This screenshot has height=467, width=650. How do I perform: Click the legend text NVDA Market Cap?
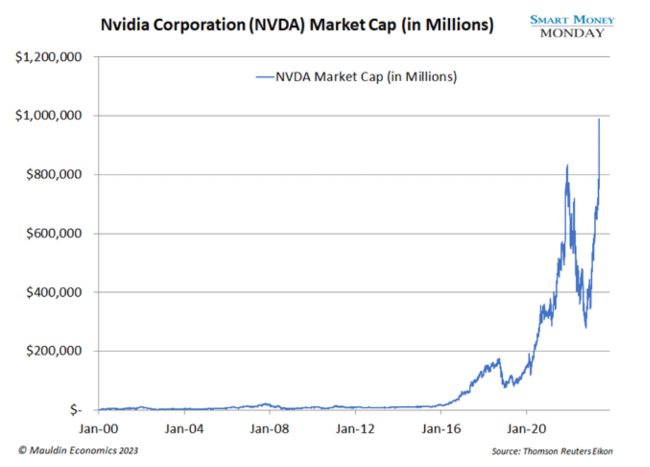[x=366, y=77]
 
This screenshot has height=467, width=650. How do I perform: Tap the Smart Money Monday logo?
[x=572, y=26]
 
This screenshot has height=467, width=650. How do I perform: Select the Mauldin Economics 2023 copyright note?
[x=79, y=450]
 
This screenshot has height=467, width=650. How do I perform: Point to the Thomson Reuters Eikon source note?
[x=552, y=451]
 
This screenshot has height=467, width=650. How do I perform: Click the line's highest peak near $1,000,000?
[x=599, y=119]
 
